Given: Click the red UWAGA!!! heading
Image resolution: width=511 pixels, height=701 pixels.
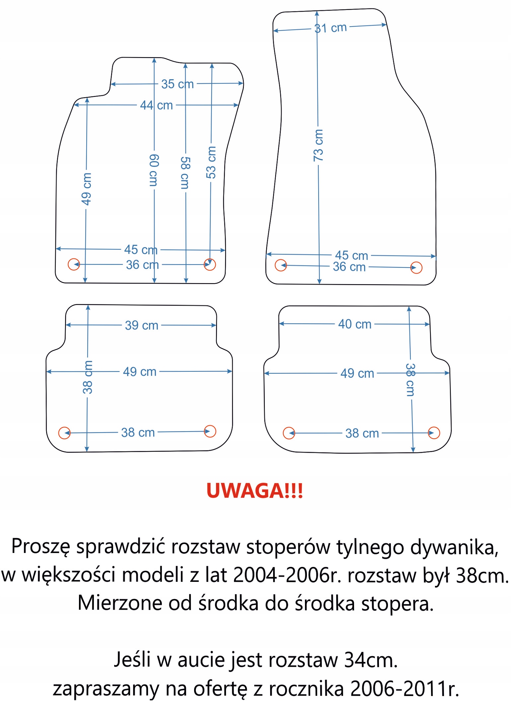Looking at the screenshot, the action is click(255, 491).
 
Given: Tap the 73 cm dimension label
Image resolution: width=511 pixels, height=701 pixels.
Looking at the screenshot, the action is click(318, 145).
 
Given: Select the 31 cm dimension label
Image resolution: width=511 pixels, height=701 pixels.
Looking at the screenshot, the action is click(330, 28).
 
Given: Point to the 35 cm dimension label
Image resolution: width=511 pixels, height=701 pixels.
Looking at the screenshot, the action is click(178, 84).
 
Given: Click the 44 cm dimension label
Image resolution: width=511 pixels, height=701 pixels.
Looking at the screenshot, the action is click(156, 105).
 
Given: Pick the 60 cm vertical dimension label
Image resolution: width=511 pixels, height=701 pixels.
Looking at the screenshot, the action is click(154, 170).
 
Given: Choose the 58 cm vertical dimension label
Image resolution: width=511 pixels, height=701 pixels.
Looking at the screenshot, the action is click(185, 173).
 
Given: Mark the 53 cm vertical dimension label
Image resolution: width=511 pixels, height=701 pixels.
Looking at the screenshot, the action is click(211, 162).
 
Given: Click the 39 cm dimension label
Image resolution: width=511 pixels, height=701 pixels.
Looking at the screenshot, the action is click(141, 325).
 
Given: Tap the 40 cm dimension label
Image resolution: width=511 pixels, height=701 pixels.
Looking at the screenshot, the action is click(355, 324).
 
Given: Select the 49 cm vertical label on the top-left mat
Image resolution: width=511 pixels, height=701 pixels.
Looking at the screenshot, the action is click(86, 189).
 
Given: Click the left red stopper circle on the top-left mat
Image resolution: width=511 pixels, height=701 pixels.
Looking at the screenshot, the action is click(74, 264).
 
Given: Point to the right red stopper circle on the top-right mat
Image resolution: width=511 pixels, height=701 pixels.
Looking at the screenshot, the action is click(416, 268).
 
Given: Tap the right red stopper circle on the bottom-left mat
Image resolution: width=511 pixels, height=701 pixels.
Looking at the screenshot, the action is click(210, 431).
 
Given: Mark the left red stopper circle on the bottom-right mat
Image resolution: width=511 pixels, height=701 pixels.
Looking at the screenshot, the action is click(289, 433).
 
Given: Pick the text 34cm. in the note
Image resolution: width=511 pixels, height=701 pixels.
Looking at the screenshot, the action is click(371, 660).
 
